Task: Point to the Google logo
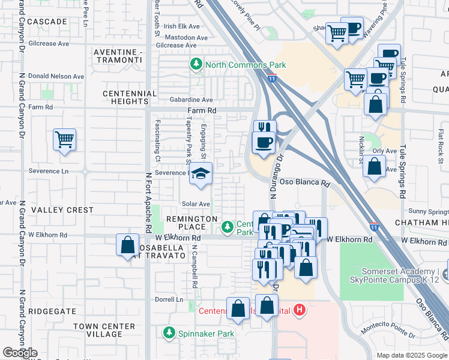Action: [20, 353]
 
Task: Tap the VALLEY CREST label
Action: [63, 210]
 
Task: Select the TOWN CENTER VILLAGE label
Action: [98, 330]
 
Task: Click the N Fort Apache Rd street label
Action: [147, 203]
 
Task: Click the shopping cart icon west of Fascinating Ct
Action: [64, 140]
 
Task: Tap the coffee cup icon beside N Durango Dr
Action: [264, 143]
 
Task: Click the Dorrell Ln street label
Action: [170, 299]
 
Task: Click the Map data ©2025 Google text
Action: [412, 355]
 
